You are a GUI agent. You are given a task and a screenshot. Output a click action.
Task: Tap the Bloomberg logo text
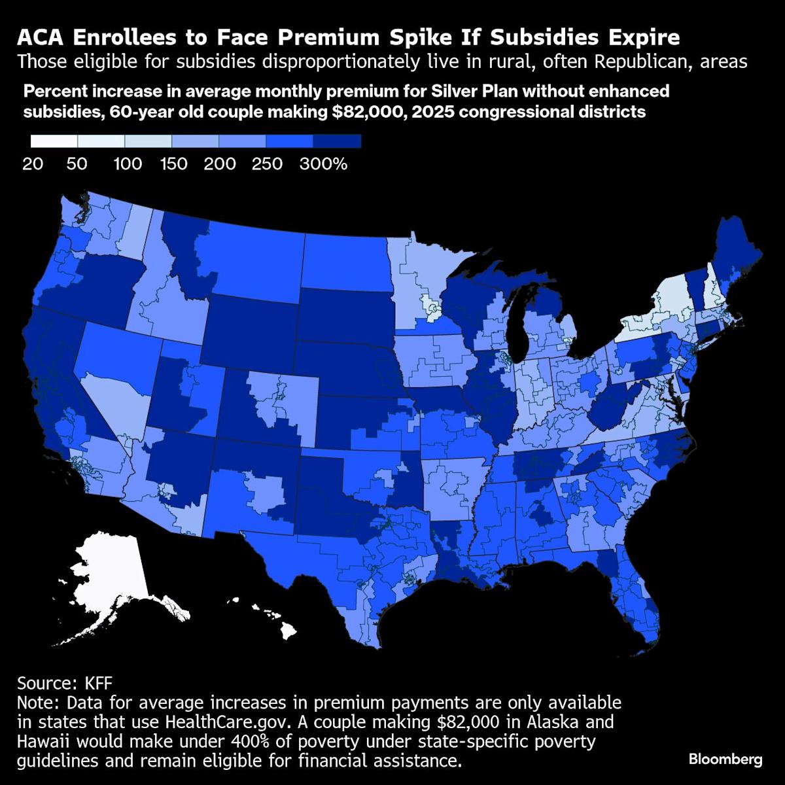[x=725, y=759]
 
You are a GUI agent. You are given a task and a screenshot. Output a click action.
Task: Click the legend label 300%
[x=323, y=164]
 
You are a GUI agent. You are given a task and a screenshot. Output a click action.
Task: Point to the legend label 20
[x=33, y=164]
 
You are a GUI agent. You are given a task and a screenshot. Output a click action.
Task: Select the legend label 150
[x=174, y=164]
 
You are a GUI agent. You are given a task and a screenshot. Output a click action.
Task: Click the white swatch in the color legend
[x=54, y=141]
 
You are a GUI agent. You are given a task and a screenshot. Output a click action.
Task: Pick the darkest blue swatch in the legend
[x=337, y=141]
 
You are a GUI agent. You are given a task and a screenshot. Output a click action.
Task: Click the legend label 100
[x=128, y=164]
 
